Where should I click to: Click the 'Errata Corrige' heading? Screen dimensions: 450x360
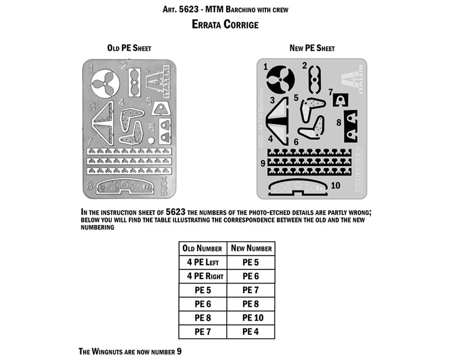click(225, 24)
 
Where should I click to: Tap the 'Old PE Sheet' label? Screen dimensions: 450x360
click(129, 48)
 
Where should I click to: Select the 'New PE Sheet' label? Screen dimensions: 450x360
click(312, 48)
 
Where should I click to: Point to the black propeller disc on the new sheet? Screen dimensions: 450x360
click(280, 79)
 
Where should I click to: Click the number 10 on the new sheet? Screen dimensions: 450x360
click(335, 186)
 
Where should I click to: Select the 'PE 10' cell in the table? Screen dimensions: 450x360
click(253, 318)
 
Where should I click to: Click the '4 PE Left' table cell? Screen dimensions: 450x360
click(203, 262)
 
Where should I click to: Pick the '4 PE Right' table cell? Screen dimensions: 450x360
click(205, 276)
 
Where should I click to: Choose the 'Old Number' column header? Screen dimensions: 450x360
click(202, 248)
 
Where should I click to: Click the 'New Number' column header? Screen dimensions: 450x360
click(251, 248)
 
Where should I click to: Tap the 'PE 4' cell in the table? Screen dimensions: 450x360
click(250, 331)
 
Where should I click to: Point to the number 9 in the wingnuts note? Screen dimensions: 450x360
click(179, 352)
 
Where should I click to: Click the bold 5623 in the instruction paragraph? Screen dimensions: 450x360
click(175, 212)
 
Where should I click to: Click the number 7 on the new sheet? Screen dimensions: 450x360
click(331, 92)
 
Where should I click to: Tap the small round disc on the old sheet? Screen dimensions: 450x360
click(151, 141)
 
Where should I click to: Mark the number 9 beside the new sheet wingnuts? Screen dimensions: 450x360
click(263, 163)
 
